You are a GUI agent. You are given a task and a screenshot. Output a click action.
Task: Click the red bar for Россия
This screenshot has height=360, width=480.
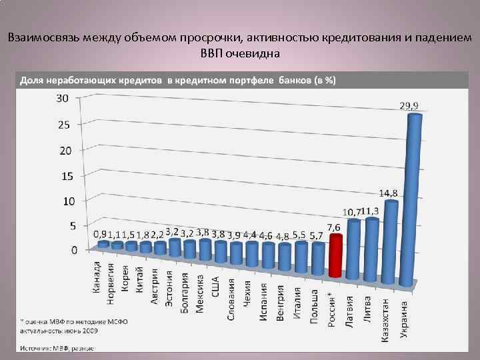click(336, 257)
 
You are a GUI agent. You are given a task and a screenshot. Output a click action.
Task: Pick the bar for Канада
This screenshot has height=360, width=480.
click(103, 245)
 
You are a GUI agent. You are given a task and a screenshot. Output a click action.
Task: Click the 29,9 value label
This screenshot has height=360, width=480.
click(409, 105)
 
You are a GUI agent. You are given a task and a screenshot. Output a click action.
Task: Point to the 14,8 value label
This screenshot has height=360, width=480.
click(389, 193)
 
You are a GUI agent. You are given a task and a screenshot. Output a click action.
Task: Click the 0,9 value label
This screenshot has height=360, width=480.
click(99, 235)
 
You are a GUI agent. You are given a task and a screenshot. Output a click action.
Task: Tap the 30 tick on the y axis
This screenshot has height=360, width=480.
click(62, 99)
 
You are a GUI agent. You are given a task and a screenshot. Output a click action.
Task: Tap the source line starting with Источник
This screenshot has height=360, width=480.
click(56, 348)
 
